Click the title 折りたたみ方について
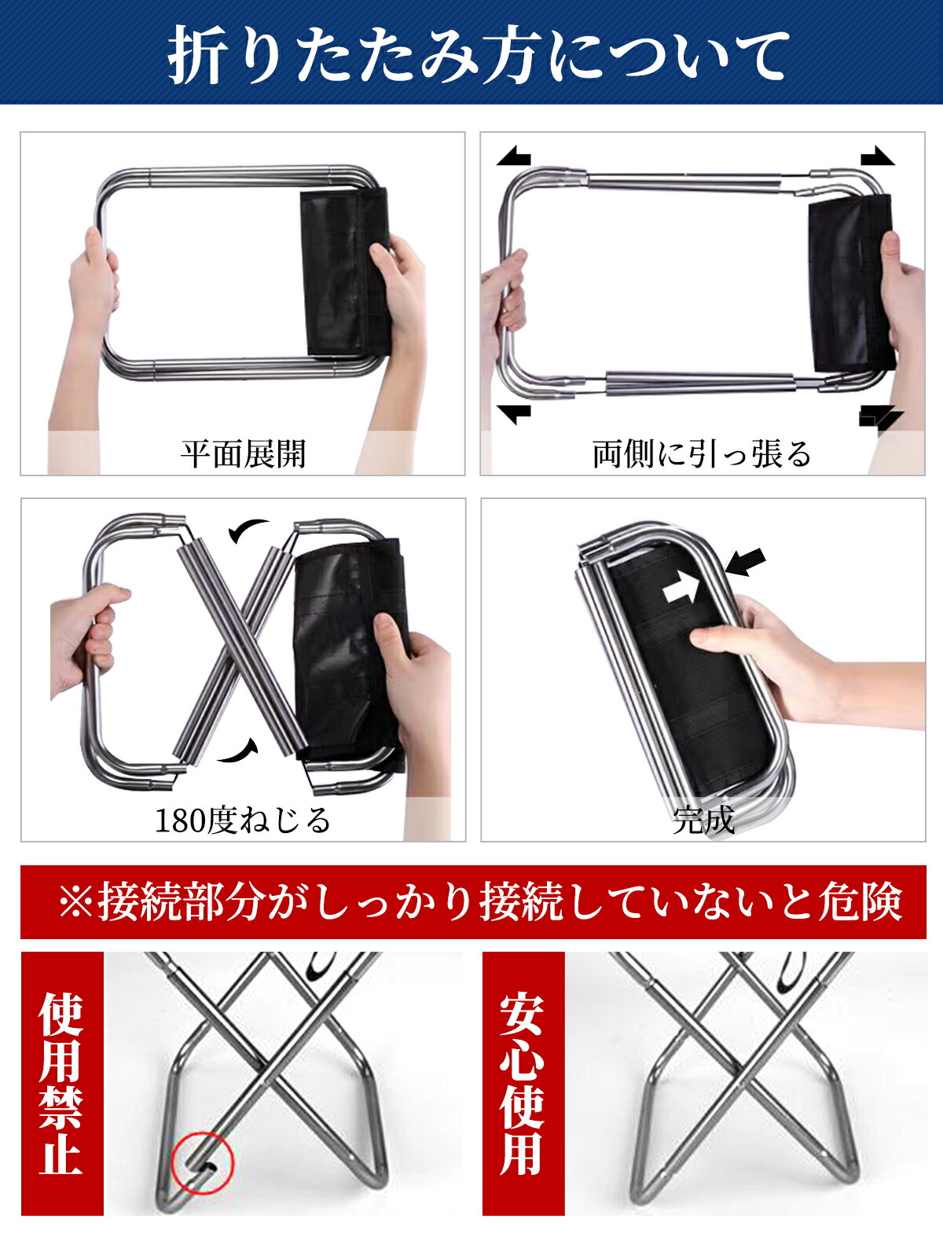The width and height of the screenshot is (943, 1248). pyautogui.click(x=479, y=55)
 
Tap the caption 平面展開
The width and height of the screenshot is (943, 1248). pyautogui.click(x=244, y=453)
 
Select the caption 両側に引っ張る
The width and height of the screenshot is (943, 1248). pyautogui.click(x=702, y=453)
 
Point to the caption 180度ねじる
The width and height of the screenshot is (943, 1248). pyautogui.click(x=243, y=820)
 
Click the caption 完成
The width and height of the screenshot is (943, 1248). pyautogui.click(x=703, y=820)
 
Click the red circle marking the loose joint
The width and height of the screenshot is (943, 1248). pyautogui.click(x=203, y=1162)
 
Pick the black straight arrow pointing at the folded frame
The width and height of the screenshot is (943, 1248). pyautogui.click(x=745, y=562)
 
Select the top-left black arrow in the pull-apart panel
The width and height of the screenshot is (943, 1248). pyautogui.click(x=514, y=156)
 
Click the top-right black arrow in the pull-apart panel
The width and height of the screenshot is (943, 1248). pyautogui.click(x=878, y=156)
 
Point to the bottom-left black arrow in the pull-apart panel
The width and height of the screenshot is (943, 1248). pyautogui.click(x=514, y=414)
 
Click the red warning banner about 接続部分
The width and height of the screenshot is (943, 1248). pyautogui.click(x=473, y=902)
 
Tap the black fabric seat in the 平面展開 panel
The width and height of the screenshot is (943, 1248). pyautogui.click(x=345, y=272)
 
